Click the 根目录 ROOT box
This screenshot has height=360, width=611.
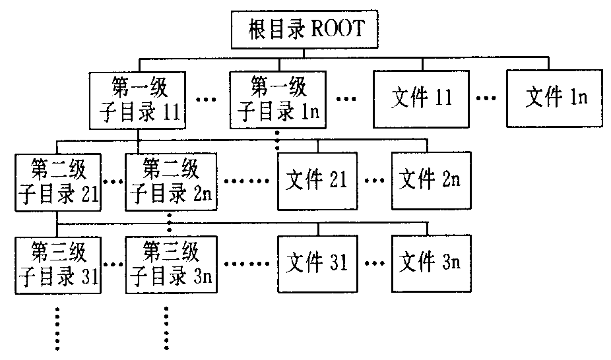point(305,30)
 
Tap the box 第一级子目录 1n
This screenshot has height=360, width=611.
point(278,100)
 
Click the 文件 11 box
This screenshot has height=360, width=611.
point(421,98)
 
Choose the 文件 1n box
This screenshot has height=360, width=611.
point(556,98)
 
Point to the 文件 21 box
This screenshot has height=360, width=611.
point(318,181)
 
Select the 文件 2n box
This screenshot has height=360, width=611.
point(430,181)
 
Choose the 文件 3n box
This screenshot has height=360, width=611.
point(430,263)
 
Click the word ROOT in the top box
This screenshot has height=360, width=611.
point(338,30)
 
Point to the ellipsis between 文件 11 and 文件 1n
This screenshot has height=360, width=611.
point(487,100)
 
